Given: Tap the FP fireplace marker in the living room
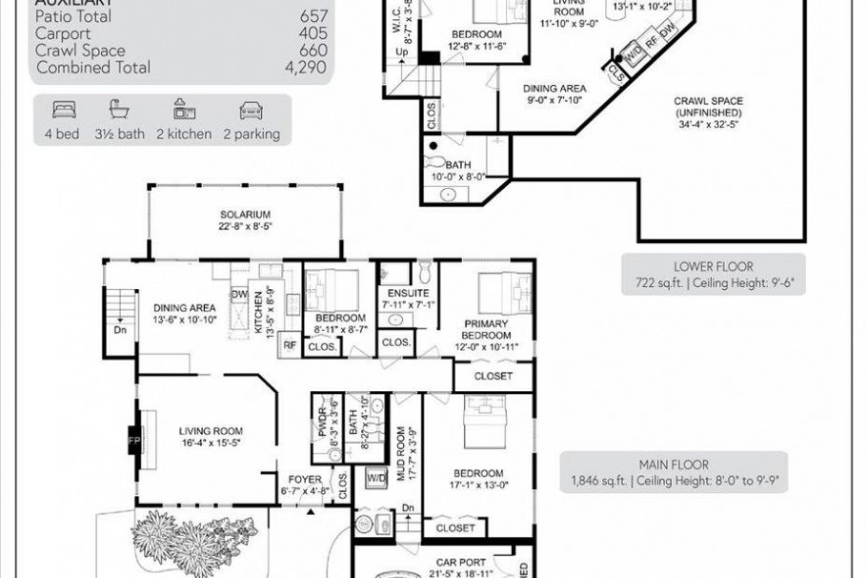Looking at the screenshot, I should point(132,442).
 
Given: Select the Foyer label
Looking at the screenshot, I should point(303,485).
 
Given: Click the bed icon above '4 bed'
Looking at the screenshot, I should point(63,110).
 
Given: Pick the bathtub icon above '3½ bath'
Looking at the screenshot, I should point(119,110).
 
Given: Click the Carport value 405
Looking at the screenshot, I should point(313,33).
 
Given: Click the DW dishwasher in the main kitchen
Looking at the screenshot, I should point(239,294).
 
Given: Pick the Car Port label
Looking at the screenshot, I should point(461,563).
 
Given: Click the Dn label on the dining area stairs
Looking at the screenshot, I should point(120,331).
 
